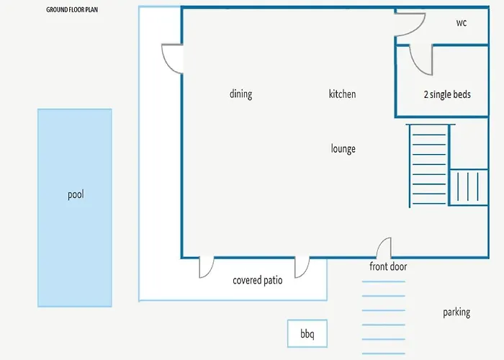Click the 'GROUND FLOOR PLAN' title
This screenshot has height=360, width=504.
coord(72,9)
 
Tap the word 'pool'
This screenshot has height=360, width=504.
coord(76,194)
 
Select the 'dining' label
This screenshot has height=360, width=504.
coord(240,94)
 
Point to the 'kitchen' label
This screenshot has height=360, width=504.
coord(342,94)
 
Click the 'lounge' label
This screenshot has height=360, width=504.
coord(343,149)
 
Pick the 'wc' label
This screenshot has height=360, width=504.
coord(462,22)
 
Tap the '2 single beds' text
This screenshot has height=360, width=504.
coord(447,94)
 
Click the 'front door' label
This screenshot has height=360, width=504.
coord(388,266)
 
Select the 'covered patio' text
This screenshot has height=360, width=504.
coord(258,280)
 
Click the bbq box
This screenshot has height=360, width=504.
coord(307,333)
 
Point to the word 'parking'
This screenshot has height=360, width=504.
coord(456,312)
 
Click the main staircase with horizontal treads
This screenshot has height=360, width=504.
coord(429,165)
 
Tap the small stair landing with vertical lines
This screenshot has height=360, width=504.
coord(468,187)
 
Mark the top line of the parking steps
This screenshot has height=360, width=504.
coord(384,282)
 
